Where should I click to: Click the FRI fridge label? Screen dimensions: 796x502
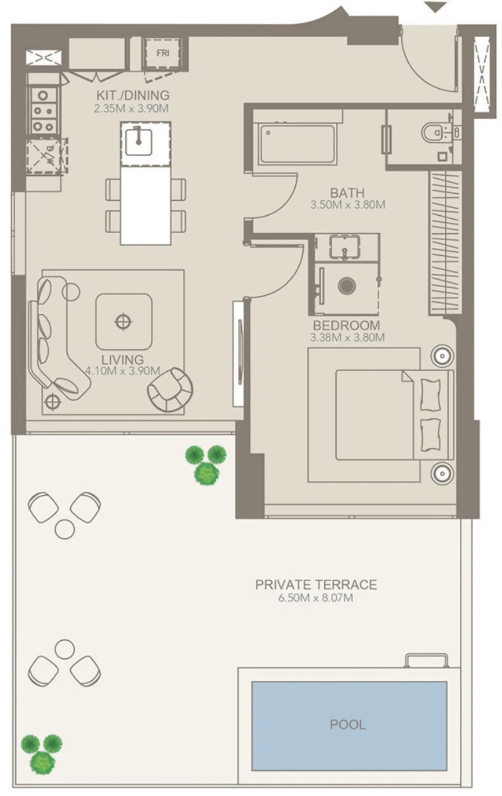[163, 53]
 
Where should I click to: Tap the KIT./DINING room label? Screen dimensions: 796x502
[133, 95]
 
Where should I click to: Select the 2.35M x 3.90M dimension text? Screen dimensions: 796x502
[131, 109]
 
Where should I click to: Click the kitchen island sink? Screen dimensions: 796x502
[138, 141]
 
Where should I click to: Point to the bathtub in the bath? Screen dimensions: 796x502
[297, 145]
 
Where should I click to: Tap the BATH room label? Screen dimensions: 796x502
[347, 193]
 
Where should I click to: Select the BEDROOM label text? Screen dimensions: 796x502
[346, 325]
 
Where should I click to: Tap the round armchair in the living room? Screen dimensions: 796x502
[170, 390]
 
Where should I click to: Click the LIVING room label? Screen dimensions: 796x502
[123, 360]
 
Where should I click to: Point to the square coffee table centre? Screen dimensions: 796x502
[123, 321]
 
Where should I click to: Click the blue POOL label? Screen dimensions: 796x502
[347, 724]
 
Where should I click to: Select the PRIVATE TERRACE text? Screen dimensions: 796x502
[316, 584]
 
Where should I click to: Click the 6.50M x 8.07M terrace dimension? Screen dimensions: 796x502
[315, 598]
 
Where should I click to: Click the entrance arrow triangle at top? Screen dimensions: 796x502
[436, 7]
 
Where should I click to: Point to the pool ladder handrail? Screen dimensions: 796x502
[426, 660]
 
